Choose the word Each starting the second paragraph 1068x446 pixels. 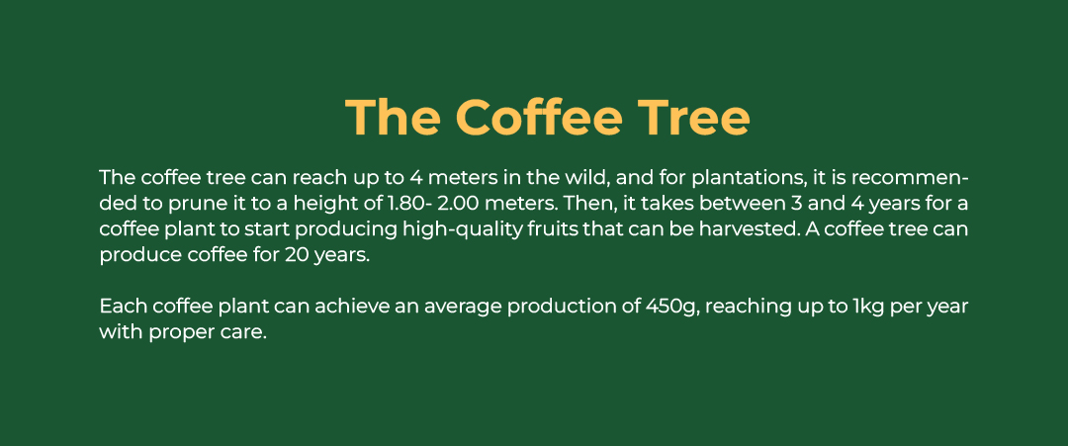click(x=124, y=307)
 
